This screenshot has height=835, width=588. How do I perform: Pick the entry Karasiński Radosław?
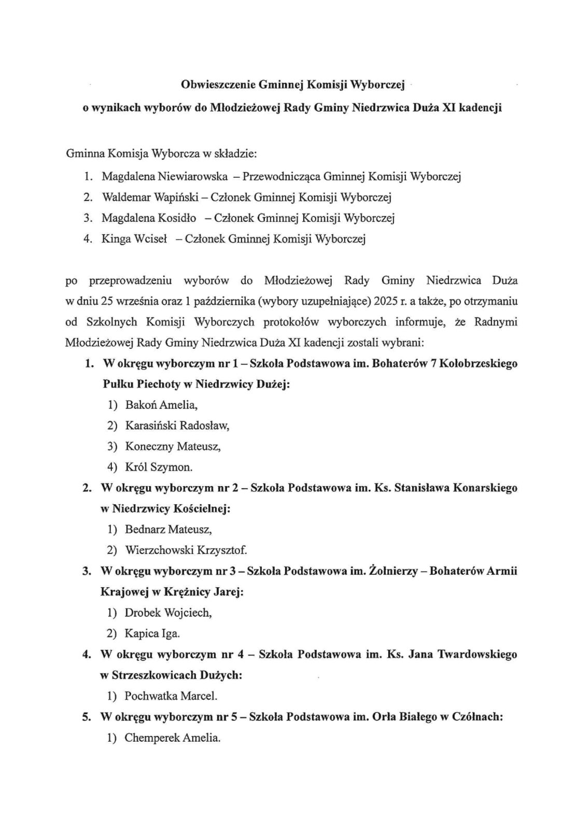click(x=177, y=426)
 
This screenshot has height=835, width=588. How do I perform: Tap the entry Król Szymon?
click(x=159, y=467)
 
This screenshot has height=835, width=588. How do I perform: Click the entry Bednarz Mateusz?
click(x=169, y=530)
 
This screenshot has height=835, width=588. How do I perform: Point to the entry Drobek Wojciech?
click(x=169, y=613)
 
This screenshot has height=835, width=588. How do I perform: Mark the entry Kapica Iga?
click(x=152, y=633)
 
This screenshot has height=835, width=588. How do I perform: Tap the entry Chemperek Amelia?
click(x=173, y=738)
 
